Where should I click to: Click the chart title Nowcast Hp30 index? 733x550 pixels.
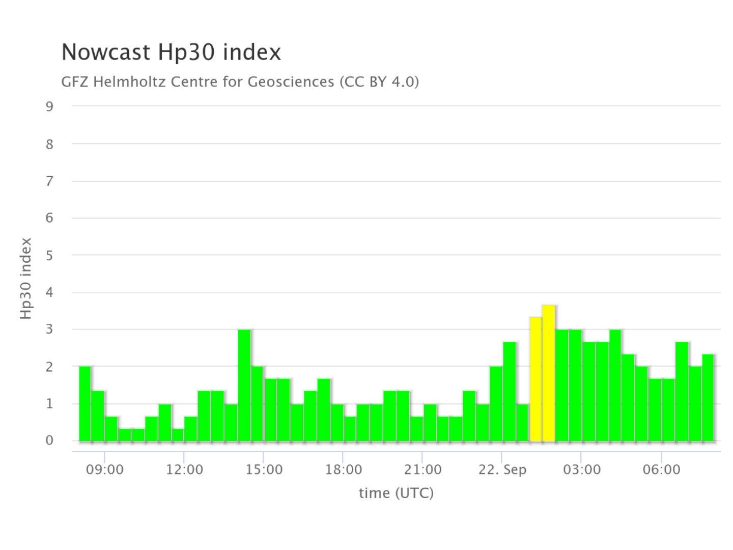pyautogui.click(x=171, y=52)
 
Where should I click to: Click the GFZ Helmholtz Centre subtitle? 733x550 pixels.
pyautogui.click(x=240, y=81)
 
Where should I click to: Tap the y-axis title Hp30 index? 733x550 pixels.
pyautogui.click(x=26, y=279)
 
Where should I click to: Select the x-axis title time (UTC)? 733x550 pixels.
pyautogui.click(x=396, y=493)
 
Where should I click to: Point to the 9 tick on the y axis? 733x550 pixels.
pyautogui.click(x=49, y=106)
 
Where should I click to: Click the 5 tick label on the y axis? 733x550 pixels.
pyautogui.click(x=49, y=255)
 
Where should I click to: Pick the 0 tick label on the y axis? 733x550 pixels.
pyautogui.click(x=49, y=441)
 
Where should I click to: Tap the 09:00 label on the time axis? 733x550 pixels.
pyautogui.click(x=104, y=470)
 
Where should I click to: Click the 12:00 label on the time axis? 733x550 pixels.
pyautogui.click(x=184, y=470)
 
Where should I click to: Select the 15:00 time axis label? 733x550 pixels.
pyautogui.click(x=264, y=470)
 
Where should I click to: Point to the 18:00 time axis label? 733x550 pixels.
pyautogui.click(x=344, y=470)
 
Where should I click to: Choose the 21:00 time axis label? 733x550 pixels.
pyautogui.click(x=422, y=470)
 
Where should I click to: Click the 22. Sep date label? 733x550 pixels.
pyautogui.click(x=502, y=470)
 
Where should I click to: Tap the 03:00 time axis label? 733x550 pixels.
pyautogui.click(x=581, y=470)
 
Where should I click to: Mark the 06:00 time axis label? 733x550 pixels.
pyautogui.click(x=661, y=470)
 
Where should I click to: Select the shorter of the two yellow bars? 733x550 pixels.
pyautogui.click(x=535, y=379)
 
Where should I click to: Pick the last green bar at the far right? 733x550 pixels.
pyautogui.click(x=708, y=398)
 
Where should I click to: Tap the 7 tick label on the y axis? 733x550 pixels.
pyautogui.click(x=49, y=181)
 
